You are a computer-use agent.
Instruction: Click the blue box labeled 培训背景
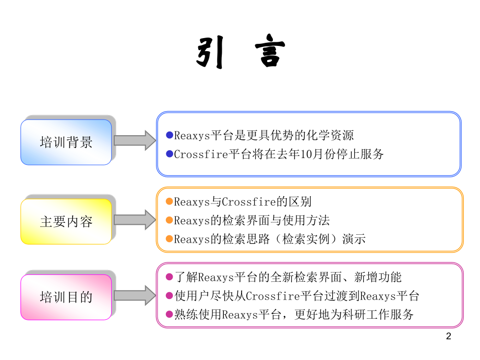coord(66,142)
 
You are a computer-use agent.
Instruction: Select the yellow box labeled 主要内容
coord(66,221)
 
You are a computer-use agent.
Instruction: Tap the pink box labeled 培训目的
coord(66,297)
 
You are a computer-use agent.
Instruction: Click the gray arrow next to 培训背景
coord(135,140)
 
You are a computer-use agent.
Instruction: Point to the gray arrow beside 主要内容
coord(135,220)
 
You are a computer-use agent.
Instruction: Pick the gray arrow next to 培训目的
coord(135,295)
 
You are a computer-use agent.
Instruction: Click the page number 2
coord(449,336)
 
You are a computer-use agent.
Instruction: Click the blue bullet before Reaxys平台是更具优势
coord(170,135)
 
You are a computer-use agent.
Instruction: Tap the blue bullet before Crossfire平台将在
coord(170,154)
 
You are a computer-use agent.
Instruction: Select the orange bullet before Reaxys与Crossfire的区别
coord(169,201)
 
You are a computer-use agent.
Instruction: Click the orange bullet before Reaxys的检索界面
coord(169,220)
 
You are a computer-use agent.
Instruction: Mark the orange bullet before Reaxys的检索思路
coord(169,238)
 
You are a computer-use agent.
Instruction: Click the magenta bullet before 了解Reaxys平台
coord(169,277)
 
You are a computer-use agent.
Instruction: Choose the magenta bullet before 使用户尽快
coord(169,295)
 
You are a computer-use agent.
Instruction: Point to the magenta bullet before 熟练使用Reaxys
coord(169,314)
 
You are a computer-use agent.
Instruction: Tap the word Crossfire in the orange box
coord(249,202)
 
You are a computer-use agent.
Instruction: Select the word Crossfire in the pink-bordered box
coord(273,296)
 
